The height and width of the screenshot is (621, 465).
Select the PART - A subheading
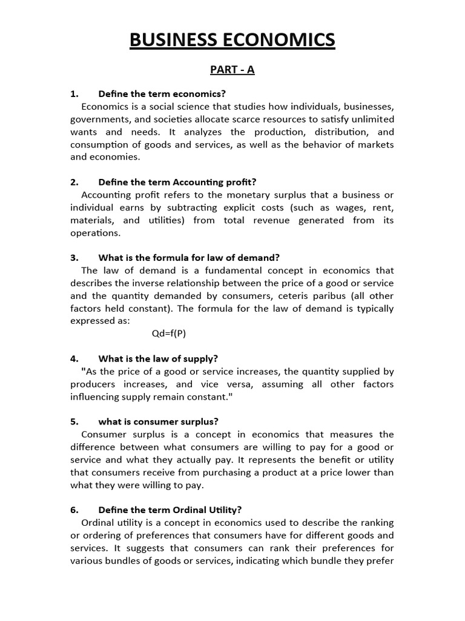pos(232,70)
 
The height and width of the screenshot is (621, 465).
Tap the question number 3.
pos(74,257)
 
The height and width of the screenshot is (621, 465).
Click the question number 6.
pos(74,510)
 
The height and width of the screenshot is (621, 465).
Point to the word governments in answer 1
pos(97,119)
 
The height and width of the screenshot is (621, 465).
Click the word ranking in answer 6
pos(376,523)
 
